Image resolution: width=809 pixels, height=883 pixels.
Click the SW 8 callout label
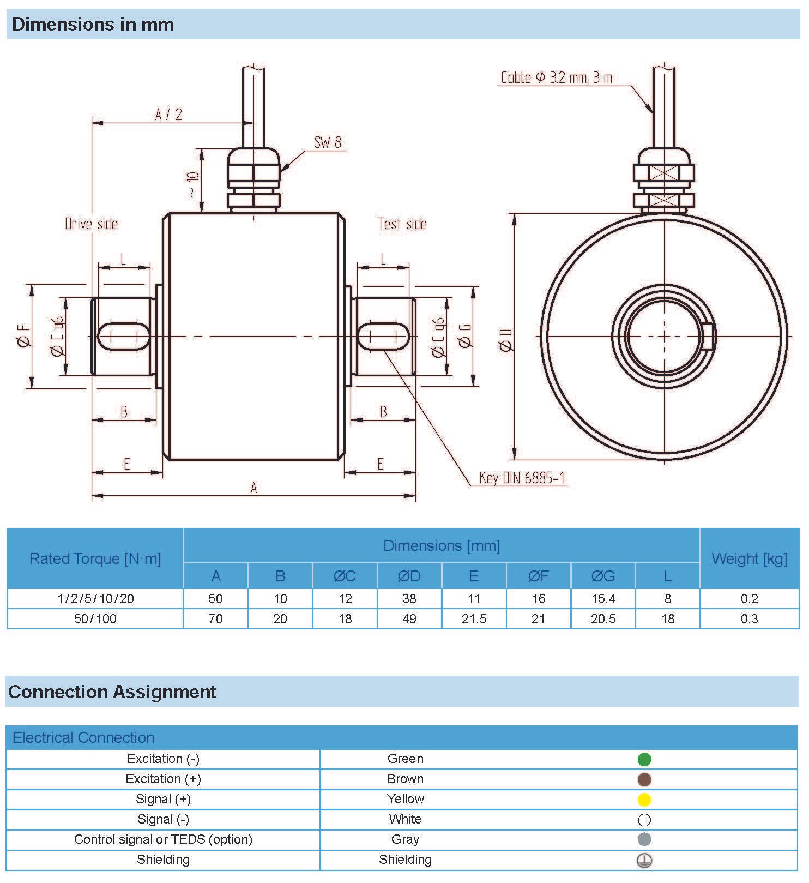(328, 143)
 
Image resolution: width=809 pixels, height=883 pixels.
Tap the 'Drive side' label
(91, 224)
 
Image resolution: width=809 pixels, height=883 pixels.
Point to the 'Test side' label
(402, 224)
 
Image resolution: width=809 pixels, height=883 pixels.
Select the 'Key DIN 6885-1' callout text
(522, 478)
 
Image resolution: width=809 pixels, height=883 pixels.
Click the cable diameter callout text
(556, 77)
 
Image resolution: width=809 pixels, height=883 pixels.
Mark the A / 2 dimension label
(168, 115)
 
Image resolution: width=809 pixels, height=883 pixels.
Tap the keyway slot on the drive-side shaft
(124, 336)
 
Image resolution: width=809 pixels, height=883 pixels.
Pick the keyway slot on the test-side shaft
(383, 336)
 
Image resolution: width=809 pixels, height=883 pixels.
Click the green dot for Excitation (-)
(644, 759)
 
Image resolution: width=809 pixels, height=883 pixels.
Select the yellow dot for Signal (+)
(644, 800)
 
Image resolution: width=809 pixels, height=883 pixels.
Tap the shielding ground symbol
(644, 861)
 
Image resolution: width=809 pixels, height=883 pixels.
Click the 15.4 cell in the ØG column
(603, 599)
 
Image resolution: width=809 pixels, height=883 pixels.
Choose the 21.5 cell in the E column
(474, 619)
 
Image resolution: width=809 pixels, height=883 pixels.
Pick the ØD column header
(409, 576)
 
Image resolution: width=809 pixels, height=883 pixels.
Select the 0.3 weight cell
(749, 619)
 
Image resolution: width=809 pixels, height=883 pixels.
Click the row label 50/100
(95, 619)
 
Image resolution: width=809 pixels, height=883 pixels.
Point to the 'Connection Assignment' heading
(112, 692)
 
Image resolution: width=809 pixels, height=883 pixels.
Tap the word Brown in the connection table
(405, 779)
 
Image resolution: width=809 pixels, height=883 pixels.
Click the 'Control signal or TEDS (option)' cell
(163, 839)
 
